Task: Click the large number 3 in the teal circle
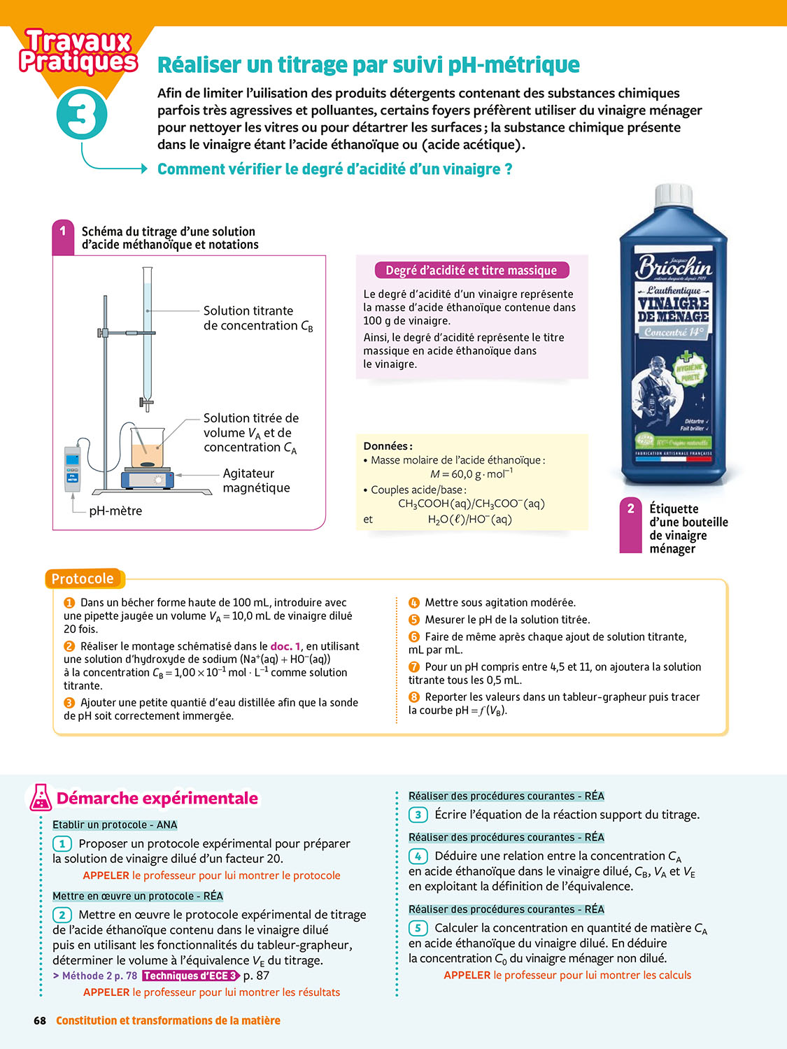click(x=81, y=114)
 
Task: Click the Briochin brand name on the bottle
click(x=673, y=268)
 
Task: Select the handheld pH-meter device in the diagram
click(x=72, y=469)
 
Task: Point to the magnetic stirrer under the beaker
click(x=147, y=478)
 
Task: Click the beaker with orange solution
click(x=148, y=448)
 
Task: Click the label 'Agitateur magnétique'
click(x=256, y=480)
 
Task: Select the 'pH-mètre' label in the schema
click(x=115, y=511)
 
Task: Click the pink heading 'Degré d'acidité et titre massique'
click(x=472, y=271)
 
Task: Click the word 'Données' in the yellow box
click(x=388, y=446)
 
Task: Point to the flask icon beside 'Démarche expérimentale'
click(x=41, y=798)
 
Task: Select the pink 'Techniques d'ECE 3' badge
click(x=191, y=976)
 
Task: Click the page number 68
click(x=40, y=1021)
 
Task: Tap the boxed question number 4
click(x=418, y=856)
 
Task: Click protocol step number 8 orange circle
click(x=414, y=697)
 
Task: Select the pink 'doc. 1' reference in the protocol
click(x=285, y=646)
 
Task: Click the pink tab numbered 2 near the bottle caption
click(x=631, y=525)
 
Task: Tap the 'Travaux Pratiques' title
click(x=78, y=52)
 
